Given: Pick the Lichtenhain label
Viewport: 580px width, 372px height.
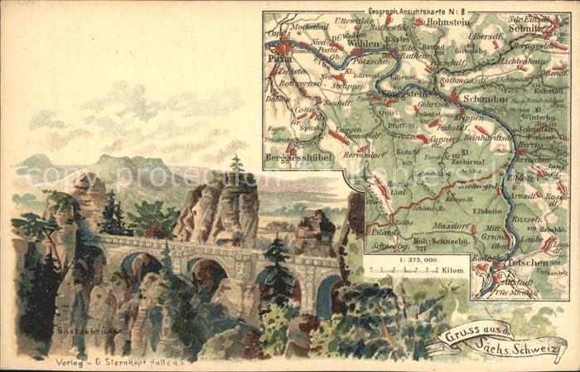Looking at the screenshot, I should pos(520,62).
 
